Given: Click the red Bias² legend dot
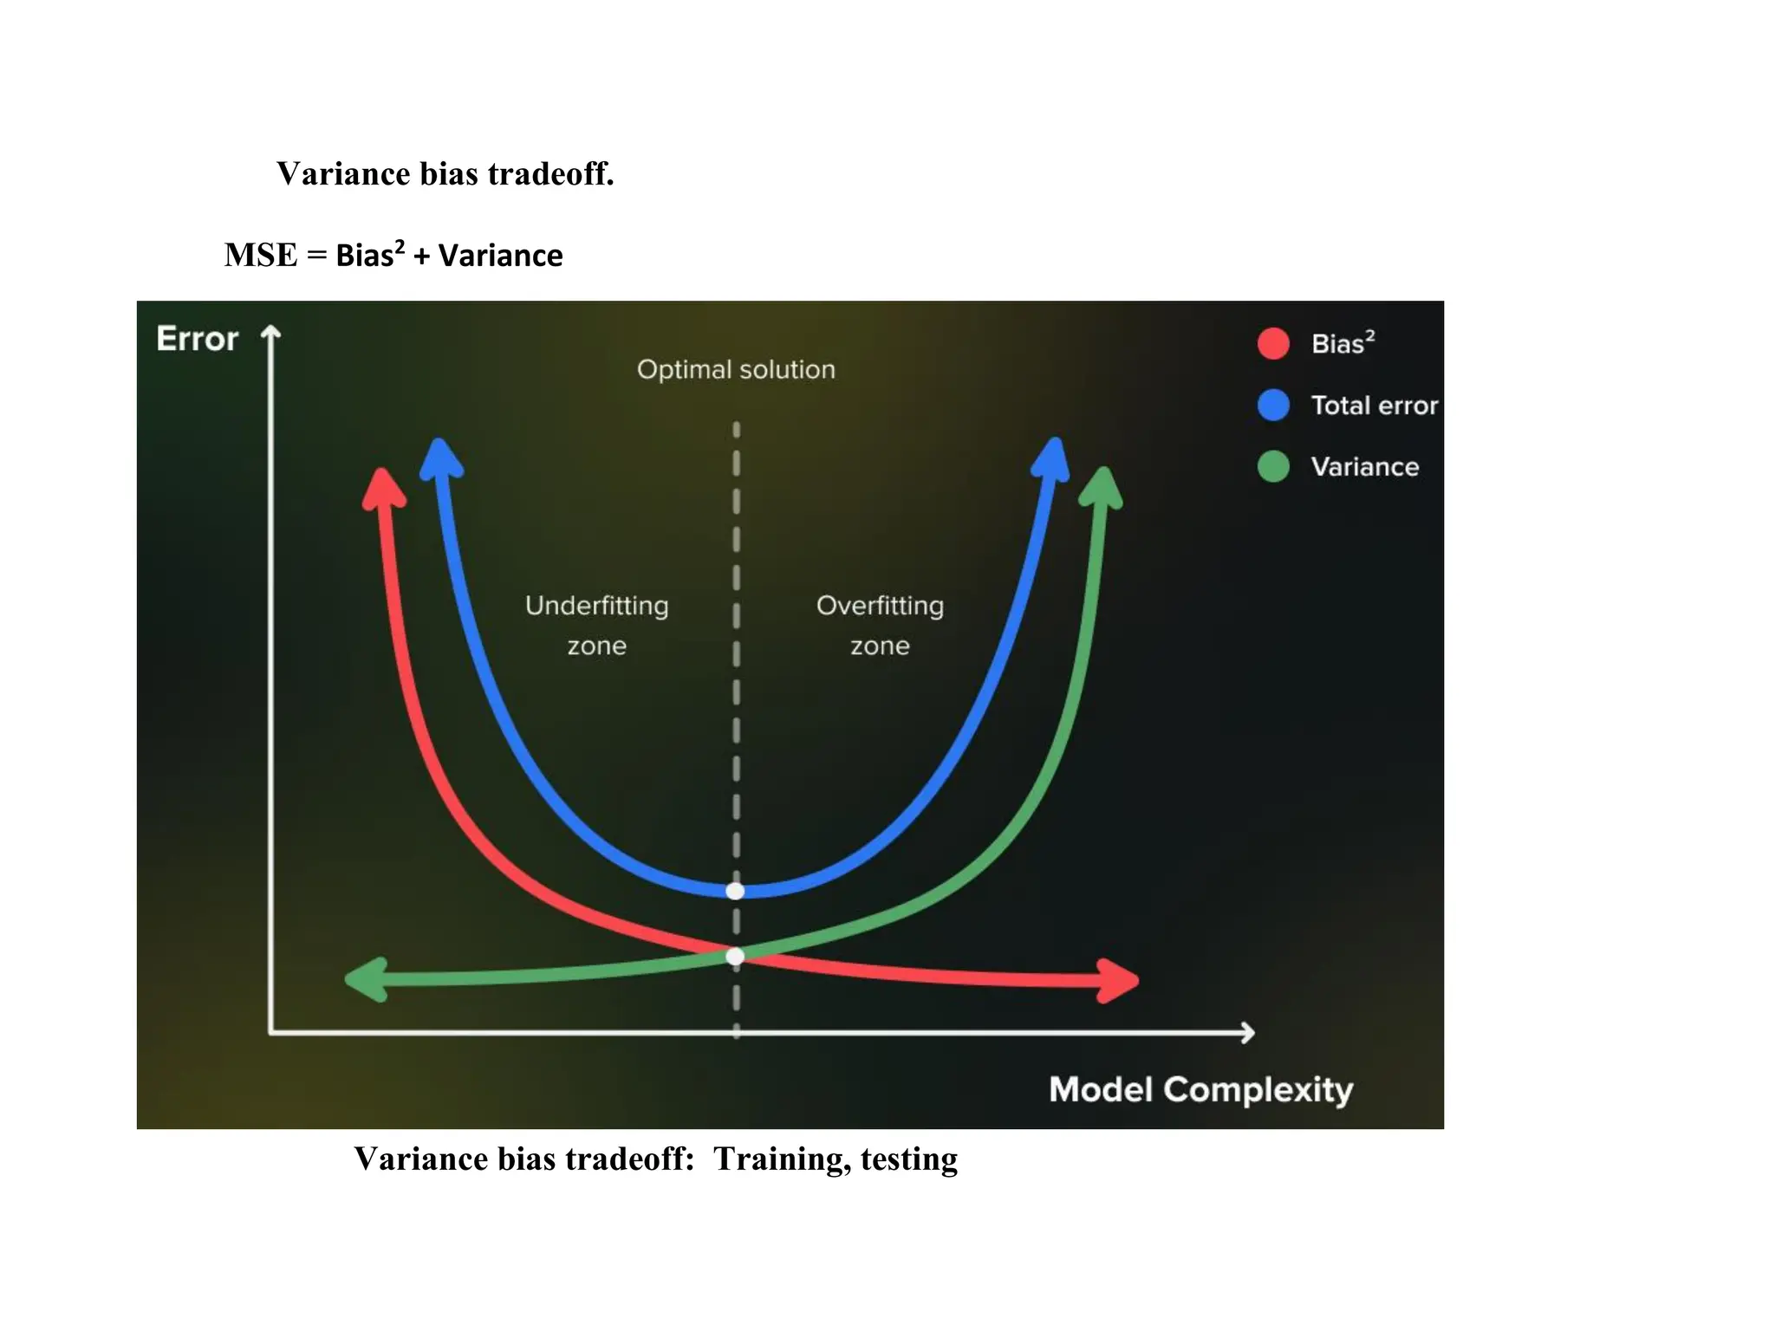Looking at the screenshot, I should click(1273, 344).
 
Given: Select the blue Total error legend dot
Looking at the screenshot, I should click(1273, 405).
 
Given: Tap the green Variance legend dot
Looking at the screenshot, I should click(1273, 466).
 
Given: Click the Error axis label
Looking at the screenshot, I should click(198, 339).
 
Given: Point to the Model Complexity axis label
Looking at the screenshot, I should click(1200, 1089).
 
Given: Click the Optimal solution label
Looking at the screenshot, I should click(736, 370).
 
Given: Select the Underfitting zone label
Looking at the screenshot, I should click(596, 625).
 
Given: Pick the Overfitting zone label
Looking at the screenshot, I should click(880, 625).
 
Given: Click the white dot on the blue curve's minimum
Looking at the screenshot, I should click(735, 891).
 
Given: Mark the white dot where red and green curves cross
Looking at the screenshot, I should click(735, 957).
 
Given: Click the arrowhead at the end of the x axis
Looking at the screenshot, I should click(1247, 1032).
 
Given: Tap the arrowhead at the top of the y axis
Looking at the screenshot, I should click(271, 333).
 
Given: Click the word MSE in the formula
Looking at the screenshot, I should click(261, 256).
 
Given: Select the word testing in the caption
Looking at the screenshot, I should click(908, 1159).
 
